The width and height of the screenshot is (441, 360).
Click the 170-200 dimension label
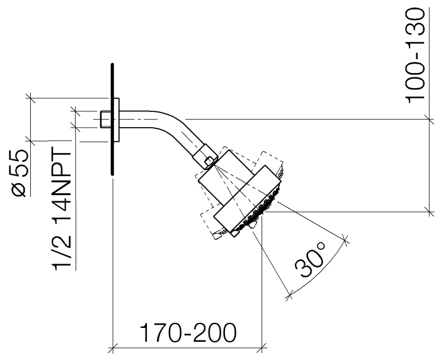click(188, 333)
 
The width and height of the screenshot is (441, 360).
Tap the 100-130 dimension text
click(415, 56)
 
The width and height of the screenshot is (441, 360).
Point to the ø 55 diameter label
click(20, 173)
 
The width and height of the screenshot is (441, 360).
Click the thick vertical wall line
click(113, 120)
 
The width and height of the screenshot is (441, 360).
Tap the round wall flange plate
click(117, 120)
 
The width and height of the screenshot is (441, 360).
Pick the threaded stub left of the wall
click(105, 119)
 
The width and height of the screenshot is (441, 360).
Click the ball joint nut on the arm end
click(205, 157)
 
